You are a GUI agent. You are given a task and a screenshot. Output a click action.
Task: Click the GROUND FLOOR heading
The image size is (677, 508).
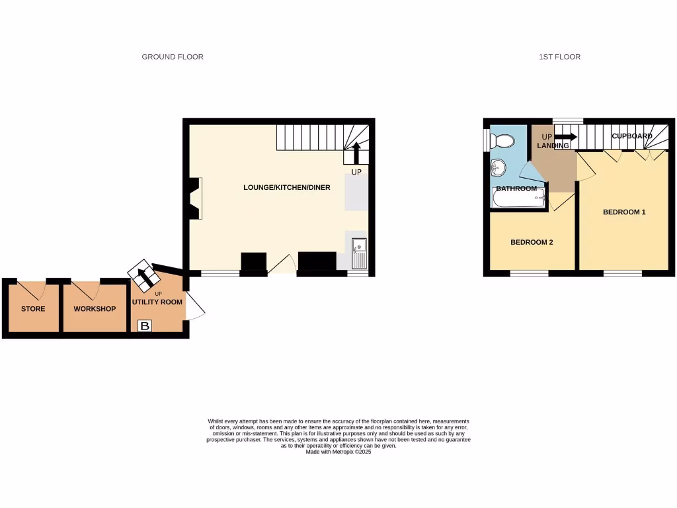click(173, 57)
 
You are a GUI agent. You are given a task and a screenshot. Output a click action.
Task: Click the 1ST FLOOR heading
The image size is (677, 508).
click(559, 57)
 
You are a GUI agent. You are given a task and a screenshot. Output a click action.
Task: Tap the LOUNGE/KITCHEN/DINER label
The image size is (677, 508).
click(286, 188)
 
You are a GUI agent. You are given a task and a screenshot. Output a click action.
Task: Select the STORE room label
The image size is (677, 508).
click(33, 309)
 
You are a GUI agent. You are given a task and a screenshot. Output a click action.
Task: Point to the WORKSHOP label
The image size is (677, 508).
click(95, 309)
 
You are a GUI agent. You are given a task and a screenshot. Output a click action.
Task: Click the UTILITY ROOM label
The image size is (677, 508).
click(157, 302)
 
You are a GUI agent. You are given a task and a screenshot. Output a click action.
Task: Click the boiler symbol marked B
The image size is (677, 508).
click(145, 325)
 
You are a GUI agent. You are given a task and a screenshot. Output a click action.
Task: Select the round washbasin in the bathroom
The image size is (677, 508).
click(498, 169)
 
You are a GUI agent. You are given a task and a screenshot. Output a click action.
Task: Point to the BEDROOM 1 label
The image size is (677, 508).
click(624, 212)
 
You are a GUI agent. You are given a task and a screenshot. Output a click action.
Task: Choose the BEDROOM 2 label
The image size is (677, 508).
click(532, 242)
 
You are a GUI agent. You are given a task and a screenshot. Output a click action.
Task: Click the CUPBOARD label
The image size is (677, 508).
click(631, 136)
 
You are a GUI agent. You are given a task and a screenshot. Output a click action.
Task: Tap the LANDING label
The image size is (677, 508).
click(553, 146)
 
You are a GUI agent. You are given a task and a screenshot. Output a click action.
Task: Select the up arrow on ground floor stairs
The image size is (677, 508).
click(356, 153)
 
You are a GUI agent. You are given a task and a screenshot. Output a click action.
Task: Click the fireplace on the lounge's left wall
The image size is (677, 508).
click(196, 198)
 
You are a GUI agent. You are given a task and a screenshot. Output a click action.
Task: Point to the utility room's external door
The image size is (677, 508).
click(197, 308)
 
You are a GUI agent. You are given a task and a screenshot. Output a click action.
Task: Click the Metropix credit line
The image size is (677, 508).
click(338, 452)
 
